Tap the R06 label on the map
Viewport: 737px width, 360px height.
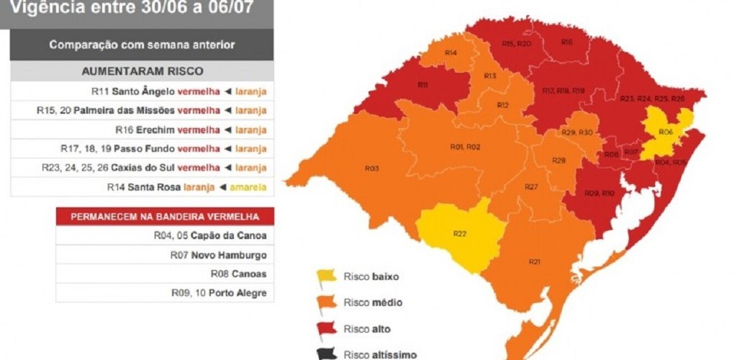[x=665, y=132]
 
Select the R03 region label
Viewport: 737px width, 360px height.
[x=371, y=168]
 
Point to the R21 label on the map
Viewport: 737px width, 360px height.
[x=534, y=261]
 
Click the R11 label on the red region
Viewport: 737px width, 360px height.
[x=423, y=85]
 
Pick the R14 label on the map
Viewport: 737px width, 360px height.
[x=451, y=53]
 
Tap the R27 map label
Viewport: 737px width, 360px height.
[x=531, y=187]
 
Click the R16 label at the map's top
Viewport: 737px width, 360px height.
[x=567, y=42]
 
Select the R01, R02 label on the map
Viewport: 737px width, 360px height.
[x=465, y=147]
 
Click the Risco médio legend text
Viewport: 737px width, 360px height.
[x=372, y=302]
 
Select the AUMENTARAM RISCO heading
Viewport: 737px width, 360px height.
[x=142, y=71]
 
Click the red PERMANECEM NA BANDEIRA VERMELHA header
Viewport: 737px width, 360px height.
[x=165, y=217]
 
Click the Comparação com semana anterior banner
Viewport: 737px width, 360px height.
[x=142, y=45]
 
